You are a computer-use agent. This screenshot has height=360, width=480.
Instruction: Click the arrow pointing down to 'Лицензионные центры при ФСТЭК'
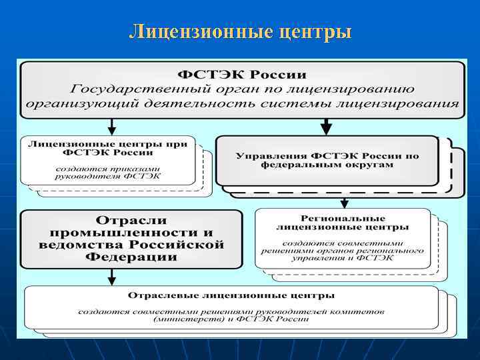[112, 126]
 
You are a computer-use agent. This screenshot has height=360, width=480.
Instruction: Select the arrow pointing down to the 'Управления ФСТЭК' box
[326, 126]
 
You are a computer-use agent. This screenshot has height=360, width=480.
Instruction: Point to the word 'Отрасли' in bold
[131, 220]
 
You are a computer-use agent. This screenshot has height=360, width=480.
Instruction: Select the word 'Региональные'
[343, 218]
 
